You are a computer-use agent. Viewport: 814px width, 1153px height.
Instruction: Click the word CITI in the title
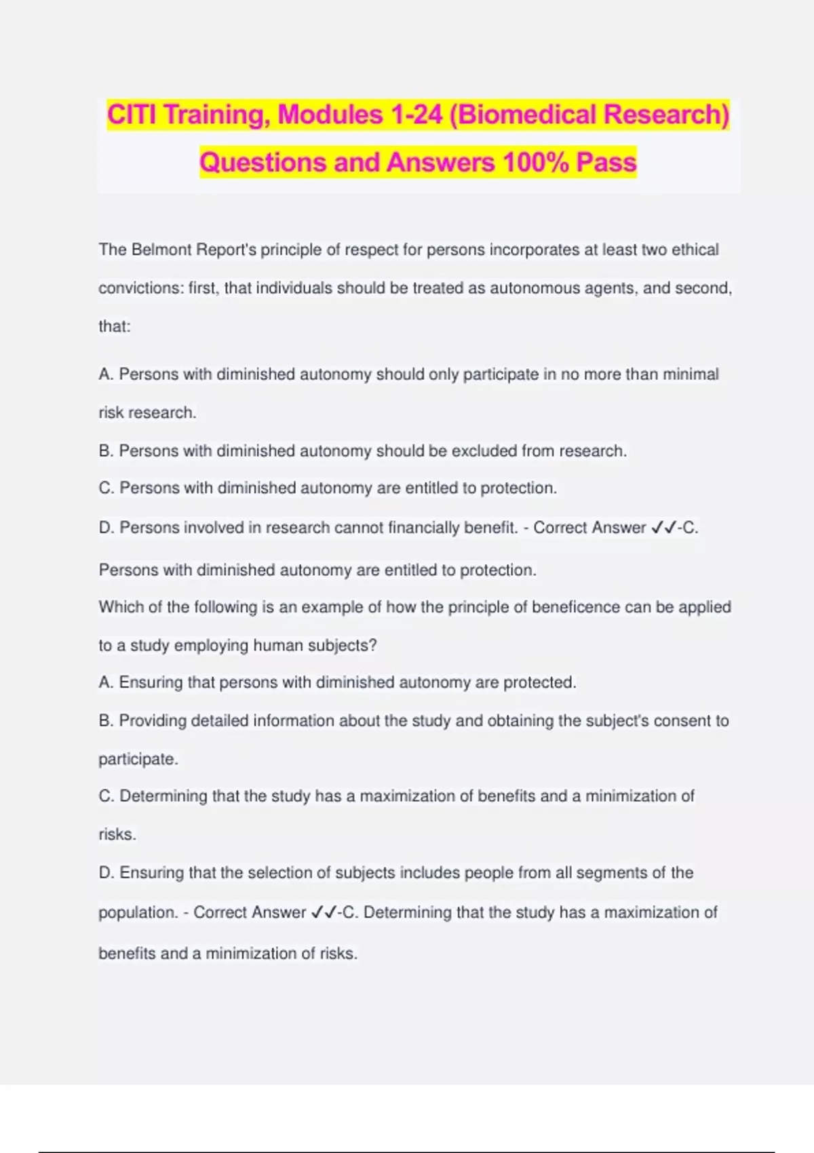pos(132,115)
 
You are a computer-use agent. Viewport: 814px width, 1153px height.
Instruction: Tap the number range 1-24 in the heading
pos(416,115)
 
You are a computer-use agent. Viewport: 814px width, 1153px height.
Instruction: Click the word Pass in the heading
pos(606,163)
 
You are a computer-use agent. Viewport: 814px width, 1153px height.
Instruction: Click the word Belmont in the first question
pos(161,250)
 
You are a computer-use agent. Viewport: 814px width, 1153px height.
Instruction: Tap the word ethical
pos(695,250)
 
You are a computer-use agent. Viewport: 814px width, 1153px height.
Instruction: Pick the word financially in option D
pos(425,528)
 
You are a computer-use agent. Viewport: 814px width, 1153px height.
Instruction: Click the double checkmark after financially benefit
pos(663,528)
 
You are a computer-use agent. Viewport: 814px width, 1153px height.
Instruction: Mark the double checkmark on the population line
pos(323,913)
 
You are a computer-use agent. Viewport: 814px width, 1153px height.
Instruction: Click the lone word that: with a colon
pos(114,326)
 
